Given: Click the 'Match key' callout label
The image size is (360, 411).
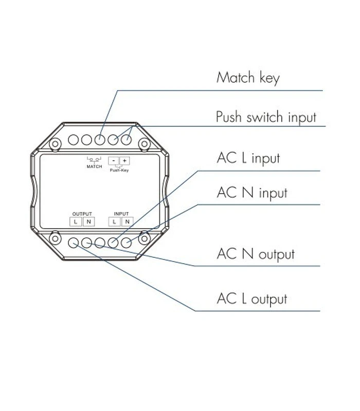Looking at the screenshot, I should pos(247,78).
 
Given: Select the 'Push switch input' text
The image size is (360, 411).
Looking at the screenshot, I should pos(266,117).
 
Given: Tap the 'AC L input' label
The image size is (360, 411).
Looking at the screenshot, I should pos(248,158).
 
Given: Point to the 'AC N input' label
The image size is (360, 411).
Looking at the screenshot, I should pos(251,193).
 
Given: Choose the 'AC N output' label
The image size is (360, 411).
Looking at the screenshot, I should pos(256,254).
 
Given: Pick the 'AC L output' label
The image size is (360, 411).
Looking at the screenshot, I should pos(252,298).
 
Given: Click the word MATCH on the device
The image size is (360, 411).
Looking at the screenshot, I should pos(94,167).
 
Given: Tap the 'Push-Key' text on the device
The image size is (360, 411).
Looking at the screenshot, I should pos(118,169).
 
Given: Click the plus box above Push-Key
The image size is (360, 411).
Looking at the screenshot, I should pos(124,160).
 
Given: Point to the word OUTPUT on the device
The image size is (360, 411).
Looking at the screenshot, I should pos(82,213).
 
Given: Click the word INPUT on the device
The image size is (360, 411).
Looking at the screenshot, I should pos(121,213).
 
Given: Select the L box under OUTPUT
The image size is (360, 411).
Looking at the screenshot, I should pos(76,221).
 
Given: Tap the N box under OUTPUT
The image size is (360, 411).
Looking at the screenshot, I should pos(88,221).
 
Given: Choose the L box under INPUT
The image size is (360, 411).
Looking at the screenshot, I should pos(114,221).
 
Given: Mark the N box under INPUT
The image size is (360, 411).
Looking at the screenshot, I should pos(127,221).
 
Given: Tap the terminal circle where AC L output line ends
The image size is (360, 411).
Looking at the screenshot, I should pos(74,242).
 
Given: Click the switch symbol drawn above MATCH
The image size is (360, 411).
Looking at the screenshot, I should pos(94,160).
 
